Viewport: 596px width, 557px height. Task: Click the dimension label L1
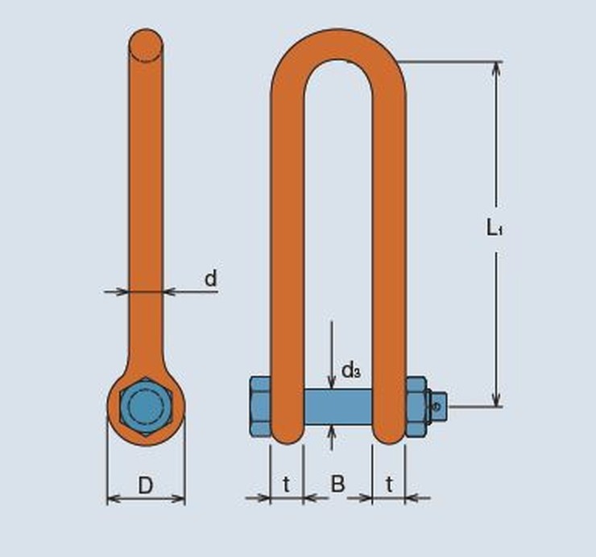pos(495,228)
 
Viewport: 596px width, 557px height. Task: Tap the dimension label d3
pos(350,370)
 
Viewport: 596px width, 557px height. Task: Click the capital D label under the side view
pos(145,485)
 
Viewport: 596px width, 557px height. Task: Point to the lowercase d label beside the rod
pos(209,278)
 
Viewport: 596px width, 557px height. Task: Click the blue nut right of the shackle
pos(416,406)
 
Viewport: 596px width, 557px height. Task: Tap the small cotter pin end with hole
pos(437,406)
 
